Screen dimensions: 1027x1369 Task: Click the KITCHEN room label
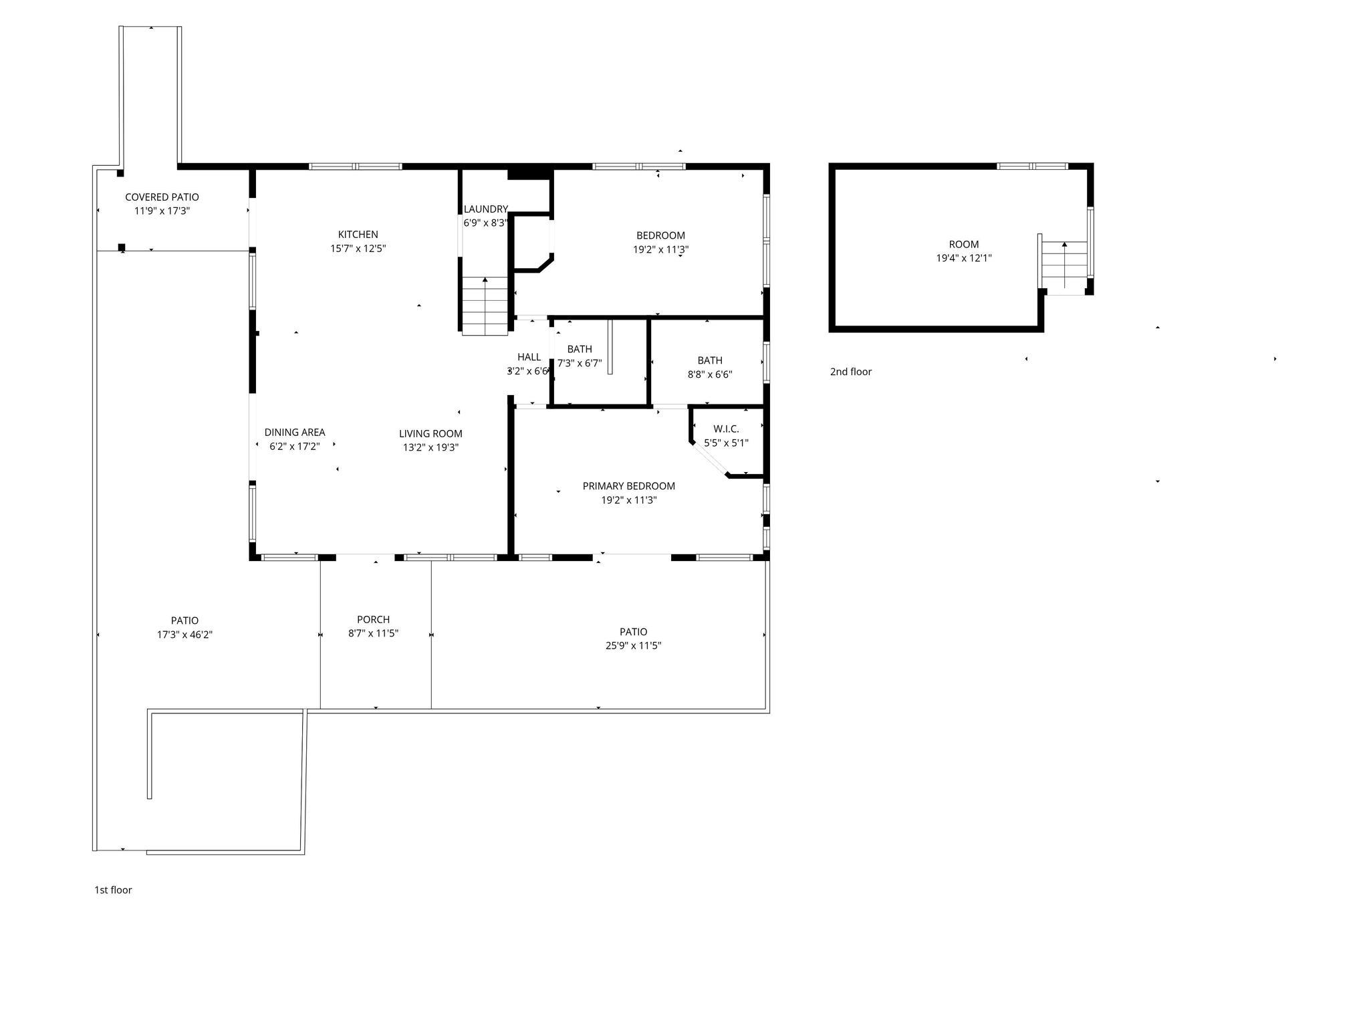click(358, 235)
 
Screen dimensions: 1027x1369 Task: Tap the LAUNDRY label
click(486, 209)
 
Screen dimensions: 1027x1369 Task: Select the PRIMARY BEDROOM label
click(628, 486)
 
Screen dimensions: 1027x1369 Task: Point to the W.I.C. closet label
click(726, 429)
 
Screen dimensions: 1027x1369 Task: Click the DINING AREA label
click(294, 433)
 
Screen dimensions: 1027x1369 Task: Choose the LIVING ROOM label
click(430, 434)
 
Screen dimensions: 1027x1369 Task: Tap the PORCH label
click(373, 620)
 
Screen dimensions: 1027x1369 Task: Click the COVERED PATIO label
click(162, 197)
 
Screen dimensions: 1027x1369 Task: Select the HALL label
click(529, 357)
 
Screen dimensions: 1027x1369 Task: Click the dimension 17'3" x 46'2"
click(184, 635)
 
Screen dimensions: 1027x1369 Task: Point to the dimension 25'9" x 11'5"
click(633, 646)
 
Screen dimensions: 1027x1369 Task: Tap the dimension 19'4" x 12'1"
click(963, 258)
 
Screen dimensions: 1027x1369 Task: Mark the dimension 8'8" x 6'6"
click(709, 374)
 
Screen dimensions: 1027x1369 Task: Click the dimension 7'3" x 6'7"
click(580, 363)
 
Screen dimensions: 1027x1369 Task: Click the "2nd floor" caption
click(850, 372)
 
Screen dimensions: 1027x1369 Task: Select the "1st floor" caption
click(113, 890)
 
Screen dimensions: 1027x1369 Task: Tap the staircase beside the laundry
click(485, 306)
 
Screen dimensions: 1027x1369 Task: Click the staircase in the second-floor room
click(1064, 267)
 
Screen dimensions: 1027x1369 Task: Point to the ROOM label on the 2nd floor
click(963, 245)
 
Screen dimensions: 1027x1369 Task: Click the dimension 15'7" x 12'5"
click(358, 249)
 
